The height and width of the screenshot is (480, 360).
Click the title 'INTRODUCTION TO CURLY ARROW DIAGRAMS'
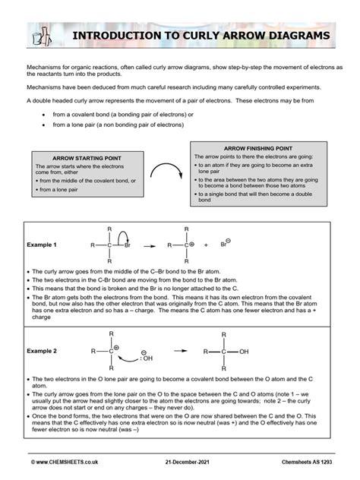pyautogui.click(x=201, y=36)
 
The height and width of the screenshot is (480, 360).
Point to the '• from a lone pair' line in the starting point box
pyautogui.click(x=60, y=190)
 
